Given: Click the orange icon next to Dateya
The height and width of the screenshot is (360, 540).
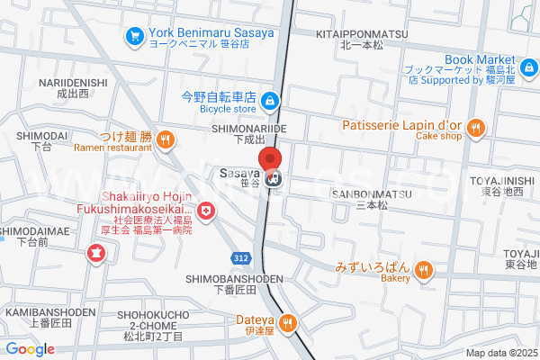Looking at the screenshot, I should point(288,322).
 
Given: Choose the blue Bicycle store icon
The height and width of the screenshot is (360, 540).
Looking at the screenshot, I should point(271,100).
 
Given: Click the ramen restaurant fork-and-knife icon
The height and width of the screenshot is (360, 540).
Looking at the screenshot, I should point(165,139).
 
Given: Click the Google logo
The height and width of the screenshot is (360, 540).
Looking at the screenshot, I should point(30,349).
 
